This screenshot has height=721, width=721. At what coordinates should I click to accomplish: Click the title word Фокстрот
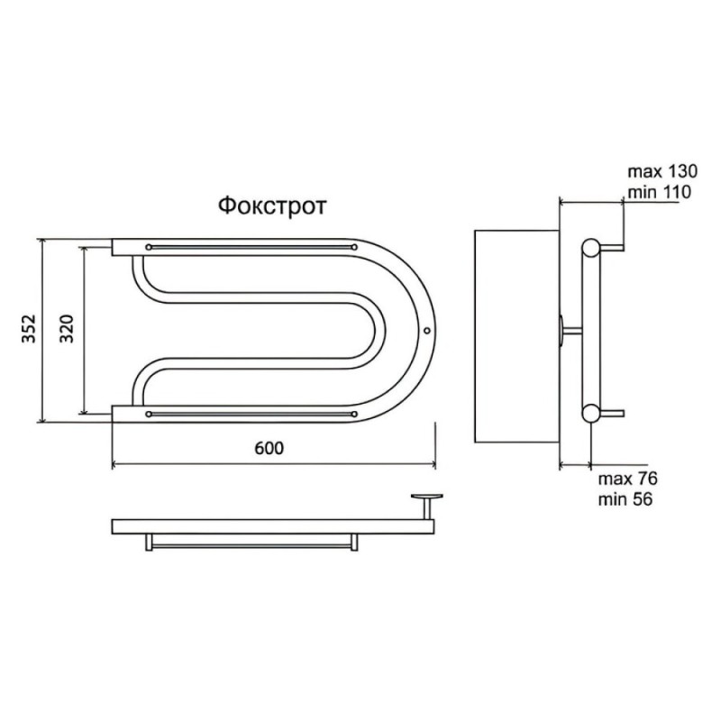(x=272, y=206)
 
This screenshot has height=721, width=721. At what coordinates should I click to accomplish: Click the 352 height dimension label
(x=29, y=328)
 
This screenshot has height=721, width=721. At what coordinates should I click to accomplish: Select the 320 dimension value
(x=67, y=328)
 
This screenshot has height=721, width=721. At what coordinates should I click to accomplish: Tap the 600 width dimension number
(x=269, y=448)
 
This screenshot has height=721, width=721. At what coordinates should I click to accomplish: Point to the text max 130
(x=662, y=171)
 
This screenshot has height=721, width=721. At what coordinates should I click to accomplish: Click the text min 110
(x=660, y=192)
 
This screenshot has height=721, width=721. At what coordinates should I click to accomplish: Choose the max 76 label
(x=627, y=479)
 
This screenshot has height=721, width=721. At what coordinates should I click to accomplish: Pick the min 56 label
(x=625, y=499)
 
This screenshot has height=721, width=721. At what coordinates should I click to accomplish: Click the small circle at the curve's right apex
(x=426, y=331)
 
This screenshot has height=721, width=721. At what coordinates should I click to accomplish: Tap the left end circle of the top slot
(x=149, y=247)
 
